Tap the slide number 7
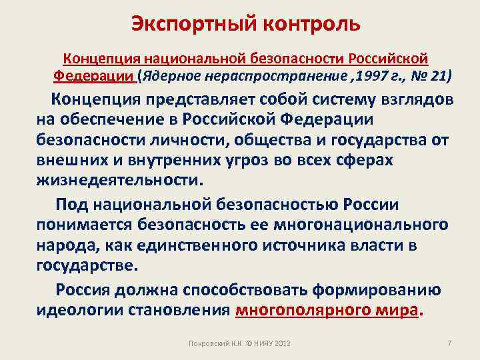pyautogui.click(x=449, y=343)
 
